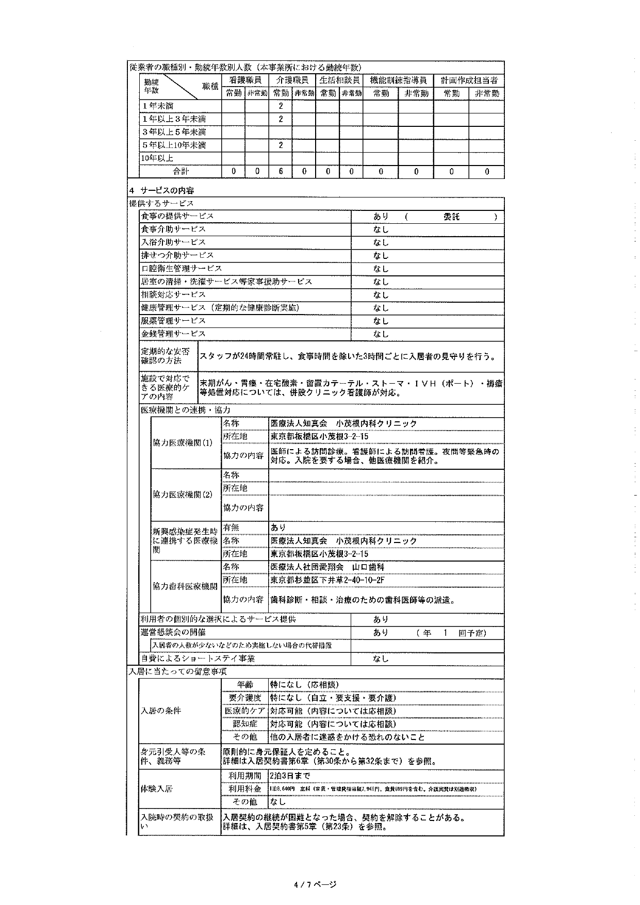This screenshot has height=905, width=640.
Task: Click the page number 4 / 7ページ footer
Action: point(315,884)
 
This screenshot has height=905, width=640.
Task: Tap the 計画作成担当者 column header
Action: point(468,80)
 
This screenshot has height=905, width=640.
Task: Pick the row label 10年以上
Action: point(158,158)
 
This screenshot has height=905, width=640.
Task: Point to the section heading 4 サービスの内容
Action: point(161,190)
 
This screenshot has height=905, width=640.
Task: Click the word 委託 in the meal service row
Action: point(451,217)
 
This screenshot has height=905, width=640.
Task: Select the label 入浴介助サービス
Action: point(173,242)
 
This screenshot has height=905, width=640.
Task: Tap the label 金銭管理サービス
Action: point(173,334)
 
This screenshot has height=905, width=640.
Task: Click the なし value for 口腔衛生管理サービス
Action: point(381,269)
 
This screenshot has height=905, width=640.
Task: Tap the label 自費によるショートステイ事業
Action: point(198,659)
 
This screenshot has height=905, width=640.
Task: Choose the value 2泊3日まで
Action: point(290,776)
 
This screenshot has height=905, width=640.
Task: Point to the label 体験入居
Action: point(157,789)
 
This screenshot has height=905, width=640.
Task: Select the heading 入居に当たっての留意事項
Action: point(177,671)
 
